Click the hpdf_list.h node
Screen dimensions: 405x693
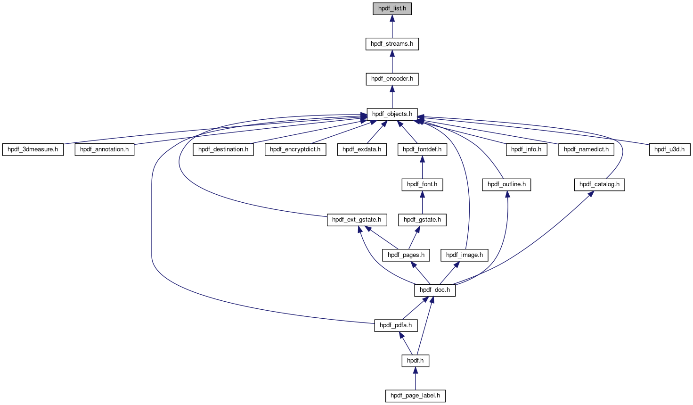[392, 8]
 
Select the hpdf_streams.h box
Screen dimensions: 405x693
[392, 44]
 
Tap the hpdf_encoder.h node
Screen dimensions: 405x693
[392, 79]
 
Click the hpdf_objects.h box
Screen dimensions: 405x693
[392, 114]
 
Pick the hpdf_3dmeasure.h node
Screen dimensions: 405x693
[33, 149]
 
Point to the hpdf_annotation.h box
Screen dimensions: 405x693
[104, 149]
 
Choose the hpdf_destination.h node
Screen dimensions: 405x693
[223, 149]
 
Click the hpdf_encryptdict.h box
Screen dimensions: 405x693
[295, 149]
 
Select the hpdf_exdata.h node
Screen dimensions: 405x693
[362, 149]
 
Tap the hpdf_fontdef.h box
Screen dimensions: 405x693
[422, 149]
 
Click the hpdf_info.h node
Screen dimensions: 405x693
[526, 149]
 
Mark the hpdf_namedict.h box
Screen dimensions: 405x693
[586, 149]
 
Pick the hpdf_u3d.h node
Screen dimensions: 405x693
[669, 149]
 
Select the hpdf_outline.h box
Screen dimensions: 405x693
[506, 184]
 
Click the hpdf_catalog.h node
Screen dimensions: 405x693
[599, 184]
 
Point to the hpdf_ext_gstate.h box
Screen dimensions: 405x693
[357, 220]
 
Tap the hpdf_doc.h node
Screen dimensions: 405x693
[435, 290]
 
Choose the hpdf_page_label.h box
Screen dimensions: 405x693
[415, 396]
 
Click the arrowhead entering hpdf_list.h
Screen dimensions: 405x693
[392, 18]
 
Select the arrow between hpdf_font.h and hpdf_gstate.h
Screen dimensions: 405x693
[422, 203]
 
